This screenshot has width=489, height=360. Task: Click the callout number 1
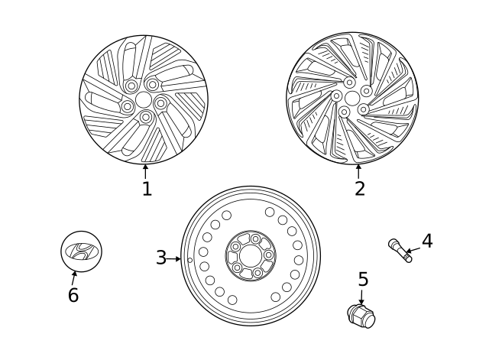tap(147, 188)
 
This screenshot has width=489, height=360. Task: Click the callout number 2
tap(359, 188)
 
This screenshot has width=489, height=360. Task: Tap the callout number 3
tap(160, 258)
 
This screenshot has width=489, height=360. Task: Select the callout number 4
tap(427, 241)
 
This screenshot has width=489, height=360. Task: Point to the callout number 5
tap(362, 279)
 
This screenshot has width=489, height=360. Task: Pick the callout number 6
tap(73, 295)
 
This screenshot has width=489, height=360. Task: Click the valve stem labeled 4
tap(400, 251)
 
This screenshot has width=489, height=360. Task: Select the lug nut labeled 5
tap(361, 315)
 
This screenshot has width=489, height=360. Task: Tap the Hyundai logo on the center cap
tap(80, 250)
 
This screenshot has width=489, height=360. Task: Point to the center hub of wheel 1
tap(144, 100)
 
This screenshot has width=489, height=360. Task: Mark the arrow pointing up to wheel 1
tap(145, 170)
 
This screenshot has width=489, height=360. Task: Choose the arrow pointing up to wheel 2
tap(358, 171)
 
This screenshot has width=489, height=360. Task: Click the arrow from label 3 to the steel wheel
tap(174, 259)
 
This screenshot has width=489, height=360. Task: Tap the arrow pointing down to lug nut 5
tap(361, 297)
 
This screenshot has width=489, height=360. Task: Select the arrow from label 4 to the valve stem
tap(413, 247)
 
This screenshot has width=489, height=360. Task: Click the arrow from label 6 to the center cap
tap(75, 277)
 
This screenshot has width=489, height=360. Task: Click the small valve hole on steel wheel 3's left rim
tap(189, 259)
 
